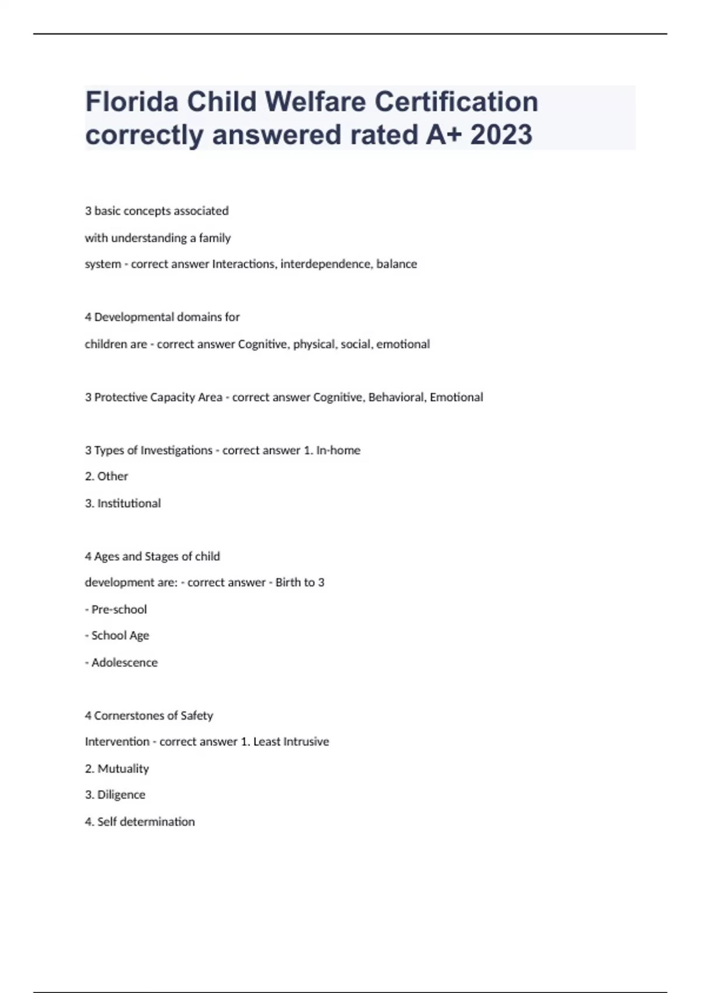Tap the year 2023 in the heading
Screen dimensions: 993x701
tap(501, 135)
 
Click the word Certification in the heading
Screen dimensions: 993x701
tap(456, 102)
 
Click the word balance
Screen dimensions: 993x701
tap(397, 264)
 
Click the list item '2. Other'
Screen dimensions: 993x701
tap(106, 477)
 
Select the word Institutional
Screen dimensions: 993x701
tap(129, 504)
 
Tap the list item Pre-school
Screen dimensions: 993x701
tap(119, 609)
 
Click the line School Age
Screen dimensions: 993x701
tap(120, 636)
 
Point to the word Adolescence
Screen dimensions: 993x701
tap(124, 662)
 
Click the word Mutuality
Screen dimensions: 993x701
tap(123, 769)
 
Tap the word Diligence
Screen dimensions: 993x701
tap(121, 795)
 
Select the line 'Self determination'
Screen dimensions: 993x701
tap(145, 822)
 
